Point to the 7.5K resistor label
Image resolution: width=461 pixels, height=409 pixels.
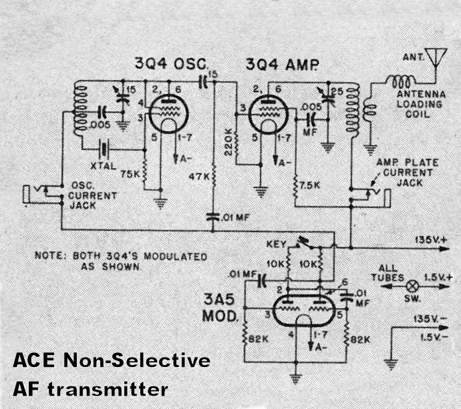pyautogui.click(x=311, y=184)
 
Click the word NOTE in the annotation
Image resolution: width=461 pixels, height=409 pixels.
pyautogui.click(x=50, y=256)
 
